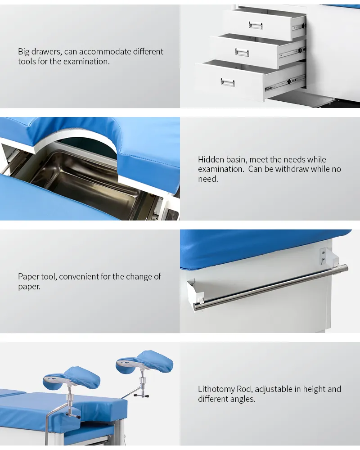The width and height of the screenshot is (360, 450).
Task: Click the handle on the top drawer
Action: point(256,25)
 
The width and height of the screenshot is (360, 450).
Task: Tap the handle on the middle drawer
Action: point(242,52)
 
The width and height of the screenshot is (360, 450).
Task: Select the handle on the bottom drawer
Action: point(228,82)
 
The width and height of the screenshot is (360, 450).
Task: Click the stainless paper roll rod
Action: point(270,288)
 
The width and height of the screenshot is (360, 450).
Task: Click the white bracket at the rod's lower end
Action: point(195,291)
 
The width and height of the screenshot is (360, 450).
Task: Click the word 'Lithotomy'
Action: point(216,389)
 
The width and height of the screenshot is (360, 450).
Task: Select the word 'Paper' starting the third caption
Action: point(28,277)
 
